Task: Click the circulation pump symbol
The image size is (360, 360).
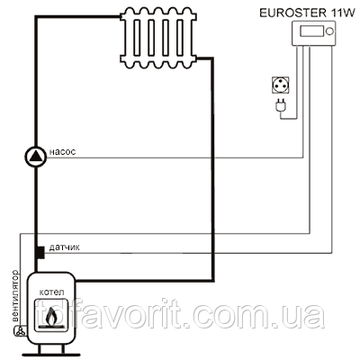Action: pyautogui.click(x=36, y=157)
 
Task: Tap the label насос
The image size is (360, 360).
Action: pyautogui.click(x=62, y=152)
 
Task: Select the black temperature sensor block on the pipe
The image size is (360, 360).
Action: pyautogui.click(x=40, y=252)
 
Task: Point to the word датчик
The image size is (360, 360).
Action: pyautogui.click(x=64, y=247)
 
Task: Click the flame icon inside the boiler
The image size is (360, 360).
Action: pyautogui.click(x=51, y=317)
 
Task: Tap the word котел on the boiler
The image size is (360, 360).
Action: pyautogui.click(x=51, y=292)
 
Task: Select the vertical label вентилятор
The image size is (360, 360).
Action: pyautogui.click(x=14, y=296)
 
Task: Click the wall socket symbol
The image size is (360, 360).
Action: pyautogui.click(x=281, y=85)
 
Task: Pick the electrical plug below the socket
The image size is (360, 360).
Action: pyautogui.click(x=281, y=106)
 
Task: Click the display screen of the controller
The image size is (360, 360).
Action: pyautogui.click(x=312, y=31)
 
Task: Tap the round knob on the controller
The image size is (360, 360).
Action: pyautogui.click(x=329, y=31)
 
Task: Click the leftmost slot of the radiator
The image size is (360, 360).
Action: pyautogui.click(x=137, y=38)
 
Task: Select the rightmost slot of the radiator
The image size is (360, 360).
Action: pyautogui.click(x=180, y=38)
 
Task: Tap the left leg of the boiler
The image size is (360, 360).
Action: pyautogui.click(x=40, y=349)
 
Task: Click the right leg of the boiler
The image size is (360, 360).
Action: pyautogui.click(x=63, y=349)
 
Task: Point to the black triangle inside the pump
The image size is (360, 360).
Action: pyautogui.click(x=36, y=156)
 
